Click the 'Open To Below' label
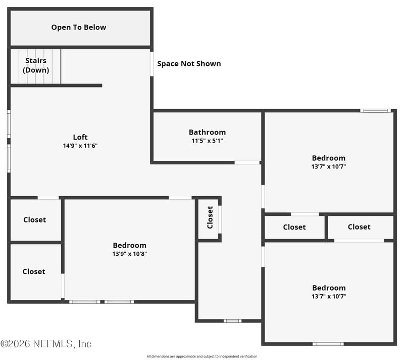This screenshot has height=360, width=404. pyautogui.click(x=79, y=27)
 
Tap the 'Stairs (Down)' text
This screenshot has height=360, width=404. pyautogui.click(x=36, y=65)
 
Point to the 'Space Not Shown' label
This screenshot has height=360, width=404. pyautogui.click(x=189, y=64)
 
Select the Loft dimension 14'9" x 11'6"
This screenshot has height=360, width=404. pyautogui.click(x=80, y=146)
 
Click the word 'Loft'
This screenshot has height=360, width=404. pyautogui.click(x=80, y=137)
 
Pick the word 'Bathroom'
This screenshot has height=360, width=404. pyautogui.click(x=207, y=132)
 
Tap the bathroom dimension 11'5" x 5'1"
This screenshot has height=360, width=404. pyautogui.click(x=207, y=141)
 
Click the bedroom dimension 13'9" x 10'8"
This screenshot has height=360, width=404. pyautogui.click(x=129, y=254)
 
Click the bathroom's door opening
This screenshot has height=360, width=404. pyautogui.click(x=247, y=162)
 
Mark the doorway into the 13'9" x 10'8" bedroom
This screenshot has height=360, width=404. pyautogui.click(x=180, y=197)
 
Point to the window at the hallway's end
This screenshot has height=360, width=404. pyautogui.click(x=232, y=320)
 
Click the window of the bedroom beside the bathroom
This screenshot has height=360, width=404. pyautogui.click(x=375, y=110)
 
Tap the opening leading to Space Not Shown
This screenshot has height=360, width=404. pyautogui.click(x=151, y=64)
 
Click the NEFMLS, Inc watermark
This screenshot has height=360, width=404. pyautogui.click(x=46, y=344)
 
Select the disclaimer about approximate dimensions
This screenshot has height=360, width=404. pyautogui.click(x=201, y=356)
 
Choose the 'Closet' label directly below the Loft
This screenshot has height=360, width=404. pyautogui.click(x=34, y=220)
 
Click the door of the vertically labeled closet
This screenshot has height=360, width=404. pyautogui.click(x=220, y=219)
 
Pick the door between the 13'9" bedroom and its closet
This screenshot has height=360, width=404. pyautogui.click(x=63, y=286)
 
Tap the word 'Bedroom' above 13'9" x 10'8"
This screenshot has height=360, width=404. pyautogui.click(x=129, y=245)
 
